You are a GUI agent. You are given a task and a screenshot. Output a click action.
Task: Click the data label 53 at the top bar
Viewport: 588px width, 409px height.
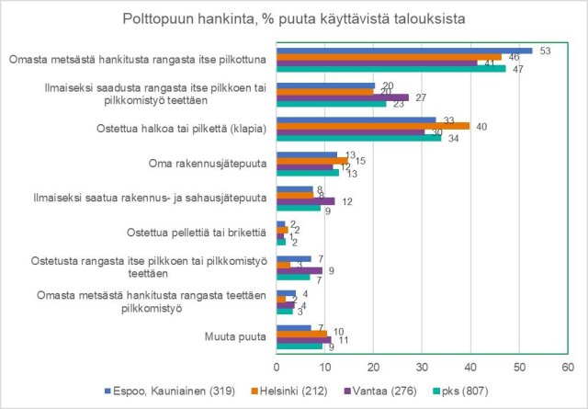coord(546,50)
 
